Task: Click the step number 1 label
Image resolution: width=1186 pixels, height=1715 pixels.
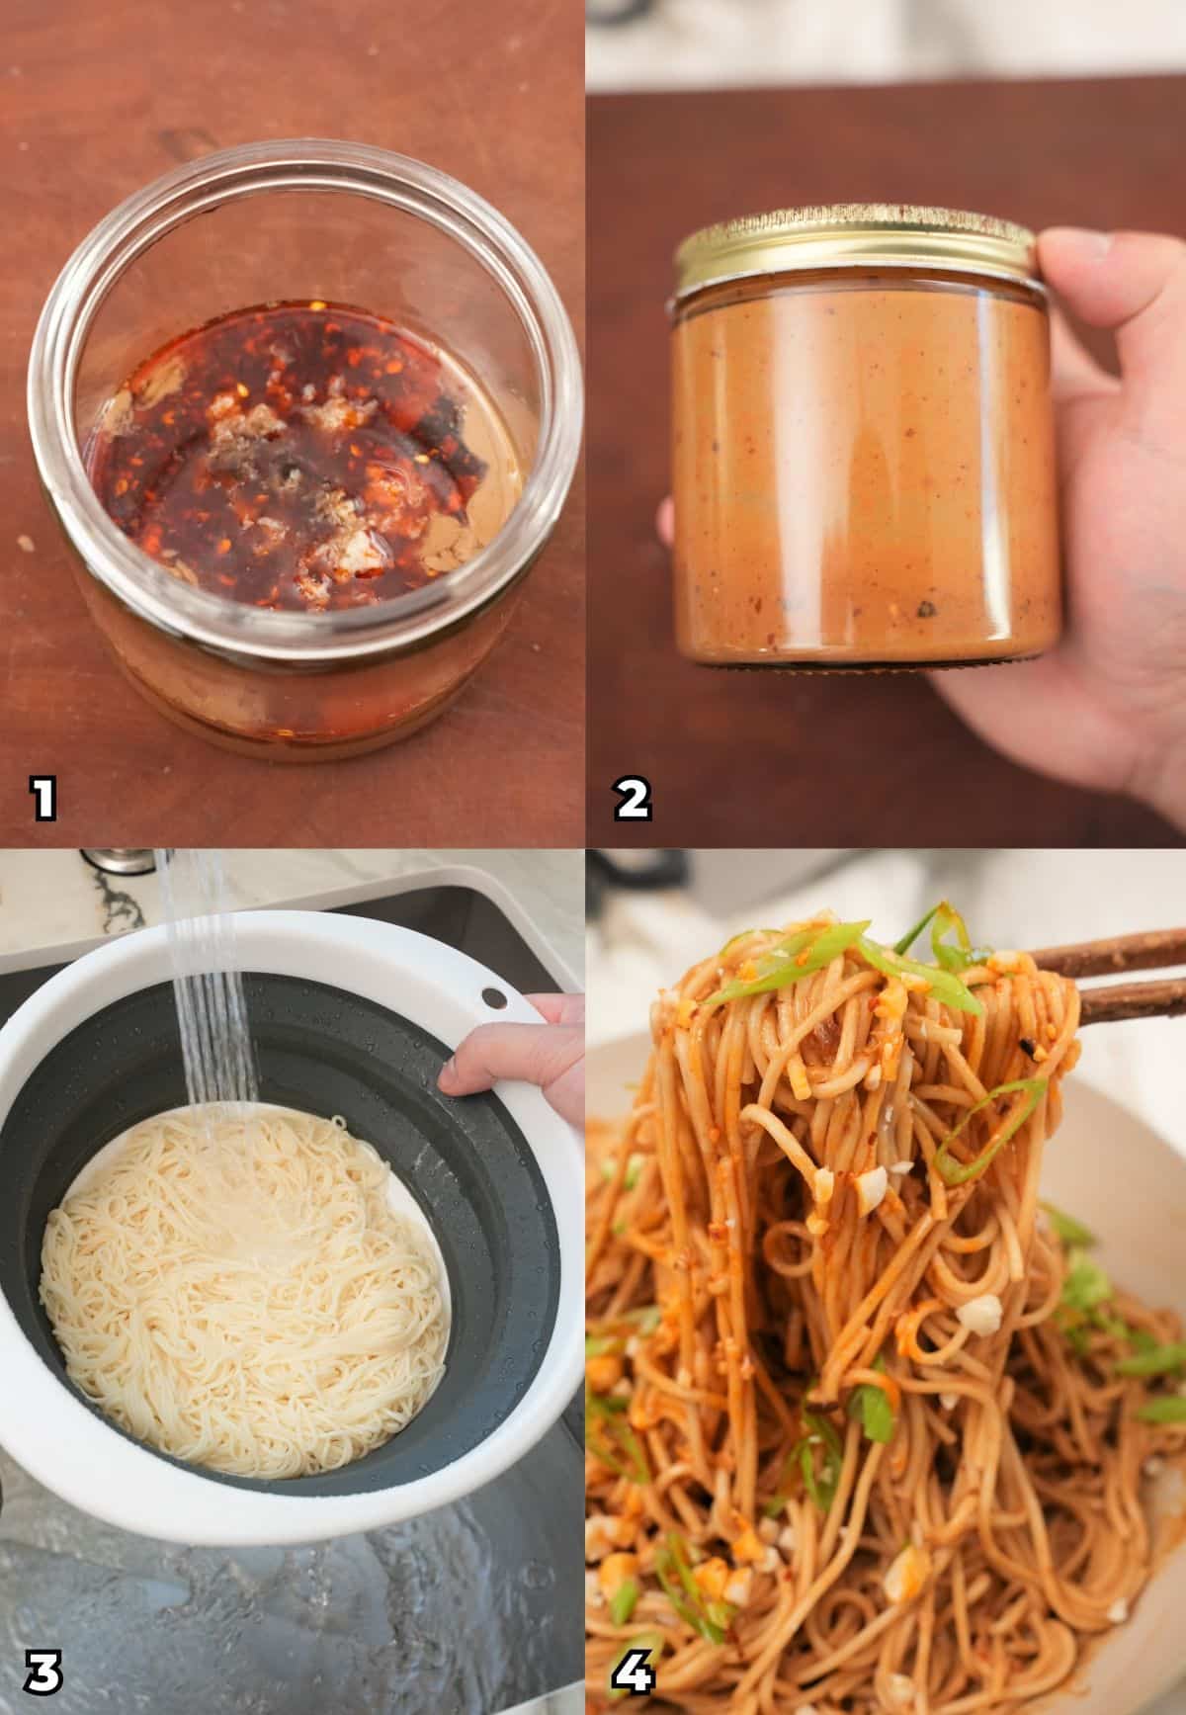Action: [42, 799]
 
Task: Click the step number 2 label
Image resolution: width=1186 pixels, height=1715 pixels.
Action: [633, 799]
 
